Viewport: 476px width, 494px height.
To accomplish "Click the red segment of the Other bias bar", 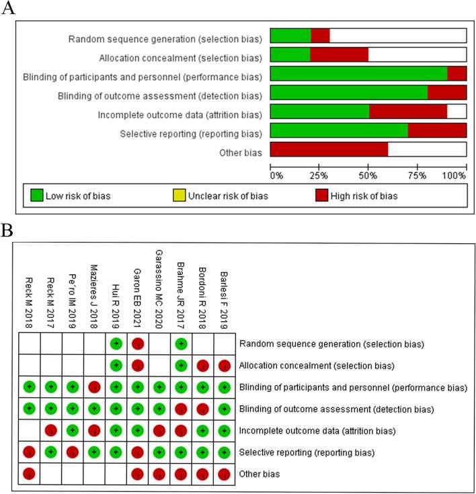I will click(x=329, y=149).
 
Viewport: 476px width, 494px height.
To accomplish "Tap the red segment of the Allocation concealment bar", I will click(x=339, y=55).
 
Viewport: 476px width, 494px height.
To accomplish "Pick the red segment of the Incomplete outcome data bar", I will click(x=407, y=112).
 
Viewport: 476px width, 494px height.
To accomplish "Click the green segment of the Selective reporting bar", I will click(x=338, y=130).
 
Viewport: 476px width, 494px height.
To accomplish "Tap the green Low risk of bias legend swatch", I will click(x=36, y=196).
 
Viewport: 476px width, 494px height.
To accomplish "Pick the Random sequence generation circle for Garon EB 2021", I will click(x=137, y=344).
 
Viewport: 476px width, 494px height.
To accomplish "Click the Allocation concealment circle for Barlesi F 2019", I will click(x=223, y=366).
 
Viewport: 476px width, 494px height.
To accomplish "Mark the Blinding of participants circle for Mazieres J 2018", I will click(x=93, y=387).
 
